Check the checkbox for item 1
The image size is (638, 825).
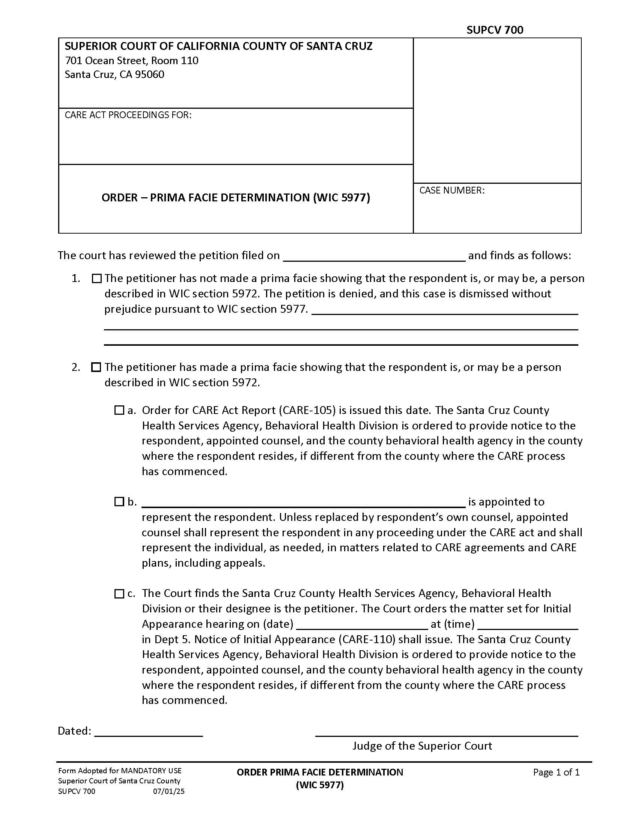click(x=97, y=278)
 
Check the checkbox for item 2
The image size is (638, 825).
click(x=96, y=367)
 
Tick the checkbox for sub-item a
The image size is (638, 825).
click(x=119, y=410)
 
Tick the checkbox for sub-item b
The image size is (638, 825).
click(x=119, y=502)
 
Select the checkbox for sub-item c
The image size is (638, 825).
click(x=119, y=594)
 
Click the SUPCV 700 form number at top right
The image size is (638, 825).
click(x=494, y=30)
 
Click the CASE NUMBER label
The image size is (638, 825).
click(x=451, y=190)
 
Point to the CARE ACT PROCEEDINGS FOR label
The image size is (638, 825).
click(x=128, y=115)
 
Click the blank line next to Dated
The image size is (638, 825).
click(x=149, y=732)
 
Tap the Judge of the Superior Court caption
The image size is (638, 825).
click(x=422, y=746)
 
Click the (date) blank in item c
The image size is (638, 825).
click(x=362, y=624)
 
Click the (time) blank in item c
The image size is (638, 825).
click(x=528, y=624)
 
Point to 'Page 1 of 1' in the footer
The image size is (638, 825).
click(x=556, y=772)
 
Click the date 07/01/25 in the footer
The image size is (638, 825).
click(x=169, y=791)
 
